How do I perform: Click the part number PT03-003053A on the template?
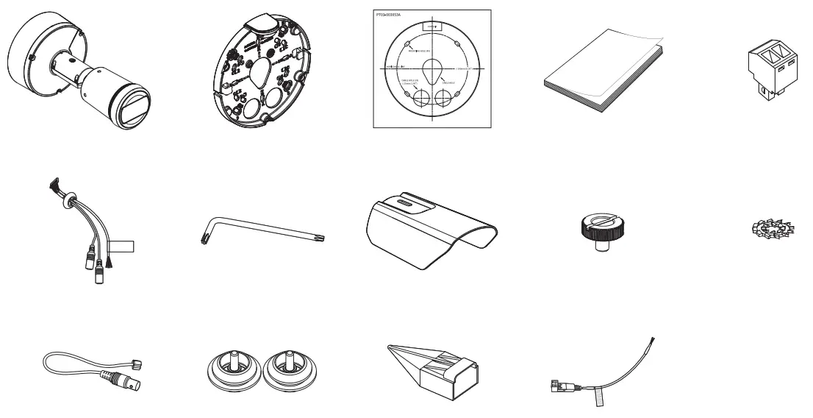pyautogui.click(x=391, y=15)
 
